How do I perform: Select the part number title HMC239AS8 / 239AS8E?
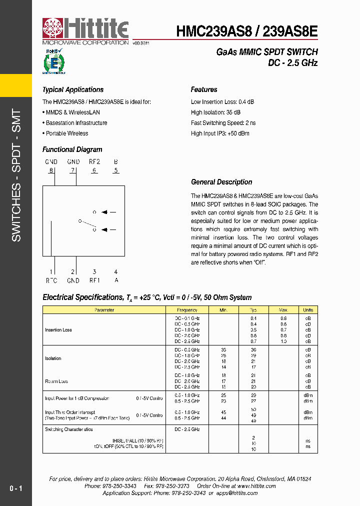point(246,31)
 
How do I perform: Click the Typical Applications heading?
point(73,90)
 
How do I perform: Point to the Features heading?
point(204,90)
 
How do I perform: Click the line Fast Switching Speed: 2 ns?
point(223,123)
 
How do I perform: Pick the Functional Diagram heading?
point(72,149)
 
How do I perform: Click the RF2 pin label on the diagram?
point(94,162)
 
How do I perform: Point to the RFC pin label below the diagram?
point(51,280)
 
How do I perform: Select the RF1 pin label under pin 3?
point(94,280)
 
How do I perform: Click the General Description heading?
point(221,182)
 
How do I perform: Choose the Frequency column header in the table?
point(187,310)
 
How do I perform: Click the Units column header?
point(308,310)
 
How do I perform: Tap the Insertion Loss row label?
point(58,330)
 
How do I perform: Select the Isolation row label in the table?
point(53,358)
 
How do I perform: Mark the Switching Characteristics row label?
point(69,429)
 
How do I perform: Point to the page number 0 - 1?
point(15,488)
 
